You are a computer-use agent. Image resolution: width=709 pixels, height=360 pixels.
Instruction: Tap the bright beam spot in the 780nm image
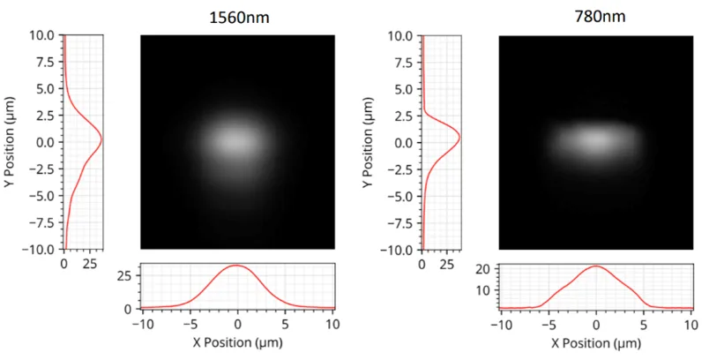(593, 139)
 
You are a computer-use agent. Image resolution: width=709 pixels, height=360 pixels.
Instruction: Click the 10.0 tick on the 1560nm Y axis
(42, 36)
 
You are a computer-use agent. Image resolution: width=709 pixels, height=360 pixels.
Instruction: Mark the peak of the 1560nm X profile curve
(236, 266)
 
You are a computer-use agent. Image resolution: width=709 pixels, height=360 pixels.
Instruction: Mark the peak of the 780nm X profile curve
(596, 266)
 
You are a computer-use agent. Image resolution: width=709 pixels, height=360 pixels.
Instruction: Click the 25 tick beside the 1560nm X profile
(127, 275)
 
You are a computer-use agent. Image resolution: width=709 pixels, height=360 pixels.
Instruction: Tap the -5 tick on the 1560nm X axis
(189, 324)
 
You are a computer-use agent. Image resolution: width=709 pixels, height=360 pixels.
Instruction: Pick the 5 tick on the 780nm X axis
(644, 324)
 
